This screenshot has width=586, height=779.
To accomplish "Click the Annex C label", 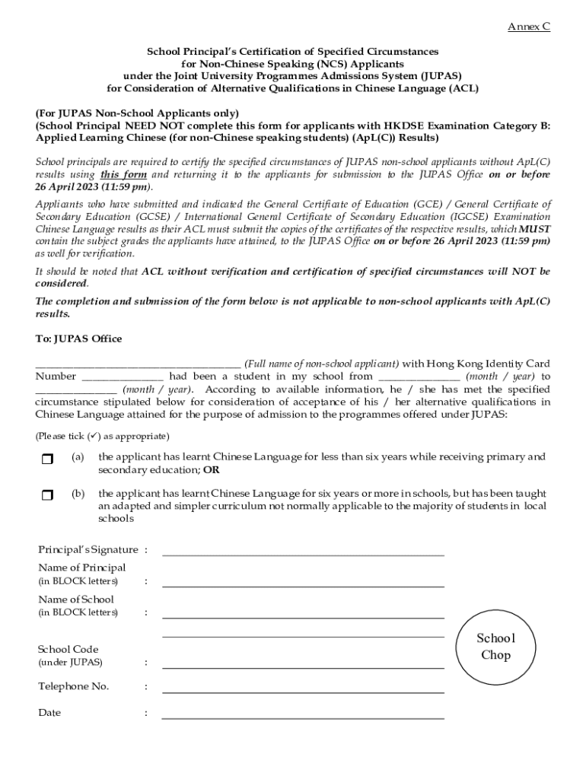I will click(529, 27).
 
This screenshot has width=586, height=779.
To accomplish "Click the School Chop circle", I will click(495, 647).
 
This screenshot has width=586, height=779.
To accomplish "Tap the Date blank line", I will click(303, 717).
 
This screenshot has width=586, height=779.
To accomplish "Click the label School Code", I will click(68, 649).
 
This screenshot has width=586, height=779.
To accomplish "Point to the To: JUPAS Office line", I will click(78, 339).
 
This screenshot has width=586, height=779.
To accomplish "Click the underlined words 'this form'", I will click(124, 174).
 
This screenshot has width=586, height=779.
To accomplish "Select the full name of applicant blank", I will click(138, 364).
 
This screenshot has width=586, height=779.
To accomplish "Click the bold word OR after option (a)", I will click(212, 469).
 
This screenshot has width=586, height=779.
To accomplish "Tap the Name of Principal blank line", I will click(303, 586).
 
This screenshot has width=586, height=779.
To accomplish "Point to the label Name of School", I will click(75, 599).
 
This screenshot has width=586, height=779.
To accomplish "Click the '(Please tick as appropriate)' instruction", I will click(102, 437).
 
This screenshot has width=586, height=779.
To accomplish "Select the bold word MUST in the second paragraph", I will click(534, 229).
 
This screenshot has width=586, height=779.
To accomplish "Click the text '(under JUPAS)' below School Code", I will click(70, 663).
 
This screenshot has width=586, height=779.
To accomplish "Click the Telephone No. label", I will click(73, 686).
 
